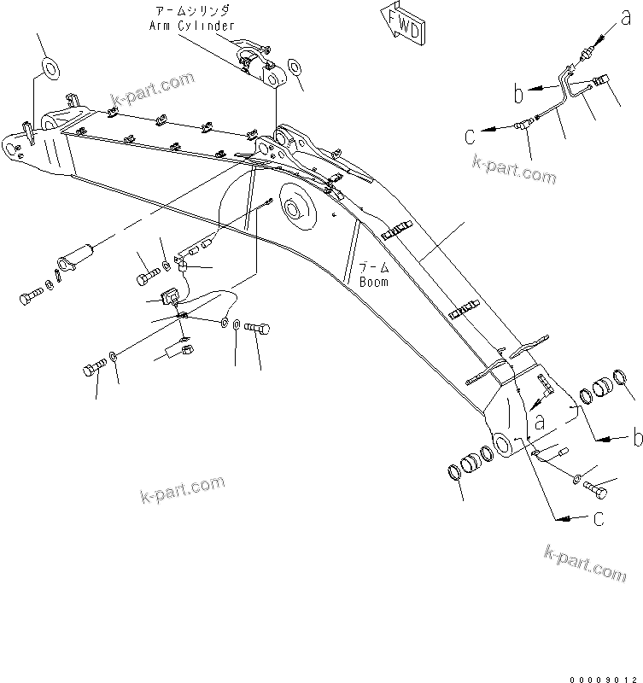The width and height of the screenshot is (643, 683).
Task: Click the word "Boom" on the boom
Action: tap(374, 281)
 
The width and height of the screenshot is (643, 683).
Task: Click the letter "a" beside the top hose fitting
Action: tap(628, 13)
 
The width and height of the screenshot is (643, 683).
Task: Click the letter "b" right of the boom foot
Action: tap(634, 439)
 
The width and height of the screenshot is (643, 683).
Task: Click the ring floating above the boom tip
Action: tap(48, 67)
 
